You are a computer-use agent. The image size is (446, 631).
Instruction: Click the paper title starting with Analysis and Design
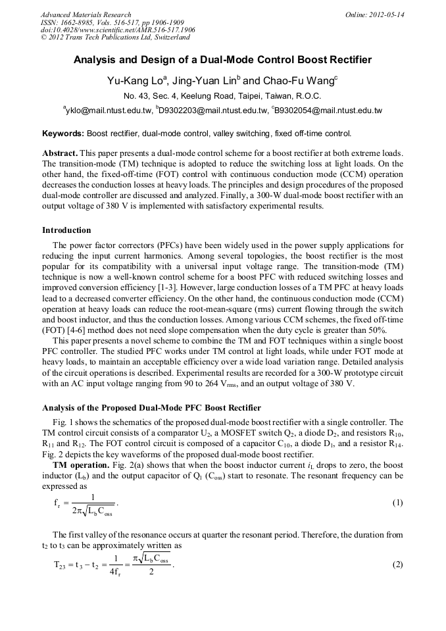tap(222, 60)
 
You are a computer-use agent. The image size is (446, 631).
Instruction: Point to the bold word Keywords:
tap(62, 133)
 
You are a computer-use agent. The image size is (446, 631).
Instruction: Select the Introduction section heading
tap(66, 230)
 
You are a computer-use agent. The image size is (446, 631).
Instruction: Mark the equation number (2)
tap(397, 565)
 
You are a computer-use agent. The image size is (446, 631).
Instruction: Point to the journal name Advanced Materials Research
tap(86, 14)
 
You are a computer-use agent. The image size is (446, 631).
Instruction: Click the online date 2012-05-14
tap(386, 14)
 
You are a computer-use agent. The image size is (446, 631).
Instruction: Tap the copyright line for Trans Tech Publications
tap(115, 38)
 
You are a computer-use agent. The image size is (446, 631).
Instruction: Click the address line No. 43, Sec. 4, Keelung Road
tap(222, 96)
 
